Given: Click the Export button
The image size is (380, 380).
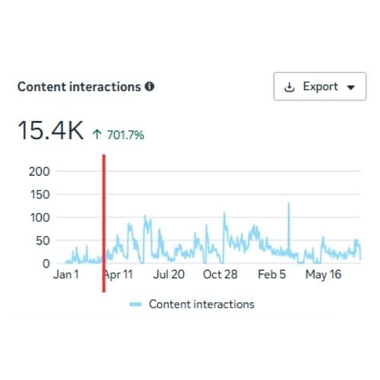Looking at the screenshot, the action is (320, 87).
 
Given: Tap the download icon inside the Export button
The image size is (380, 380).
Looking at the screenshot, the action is (290, 87).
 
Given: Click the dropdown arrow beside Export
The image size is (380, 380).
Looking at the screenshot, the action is (351, 87).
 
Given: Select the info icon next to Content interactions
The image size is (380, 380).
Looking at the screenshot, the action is (150, 87).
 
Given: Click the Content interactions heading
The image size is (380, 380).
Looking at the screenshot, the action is (79, 87).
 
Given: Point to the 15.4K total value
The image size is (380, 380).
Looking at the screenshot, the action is (50, 130).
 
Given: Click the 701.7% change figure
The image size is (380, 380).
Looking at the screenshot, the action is (125, 135).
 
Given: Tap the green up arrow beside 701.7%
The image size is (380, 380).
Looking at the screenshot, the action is (97, 135).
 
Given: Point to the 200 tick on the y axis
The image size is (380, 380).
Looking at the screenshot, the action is (40, 172).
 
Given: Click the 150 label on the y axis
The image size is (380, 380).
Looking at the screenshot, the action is (40, 195).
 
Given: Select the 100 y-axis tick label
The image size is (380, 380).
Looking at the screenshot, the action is (40, 218).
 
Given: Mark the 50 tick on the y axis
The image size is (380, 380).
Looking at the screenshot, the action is (43, 241).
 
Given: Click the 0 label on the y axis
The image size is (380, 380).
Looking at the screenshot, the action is (46, 264).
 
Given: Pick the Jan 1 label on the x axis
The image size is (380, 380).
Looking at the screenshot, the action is (66, 274).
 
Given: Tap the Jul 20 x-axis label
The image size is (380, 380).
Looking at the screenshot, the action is (169, 274).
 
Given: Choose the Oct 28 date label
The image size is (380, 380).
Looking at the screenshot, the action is (220, 274).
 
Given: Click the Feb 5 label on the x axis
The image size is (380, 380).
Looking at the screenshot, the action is (271, 274).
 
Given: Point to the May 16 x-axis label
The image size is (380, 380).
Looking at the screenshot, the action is (323, 275).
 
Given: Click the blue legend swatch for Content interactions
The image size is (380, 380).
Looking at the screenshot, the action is (135, 304).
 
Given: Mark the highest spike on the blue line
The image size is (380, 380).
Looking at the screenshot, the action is (289, 204).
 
